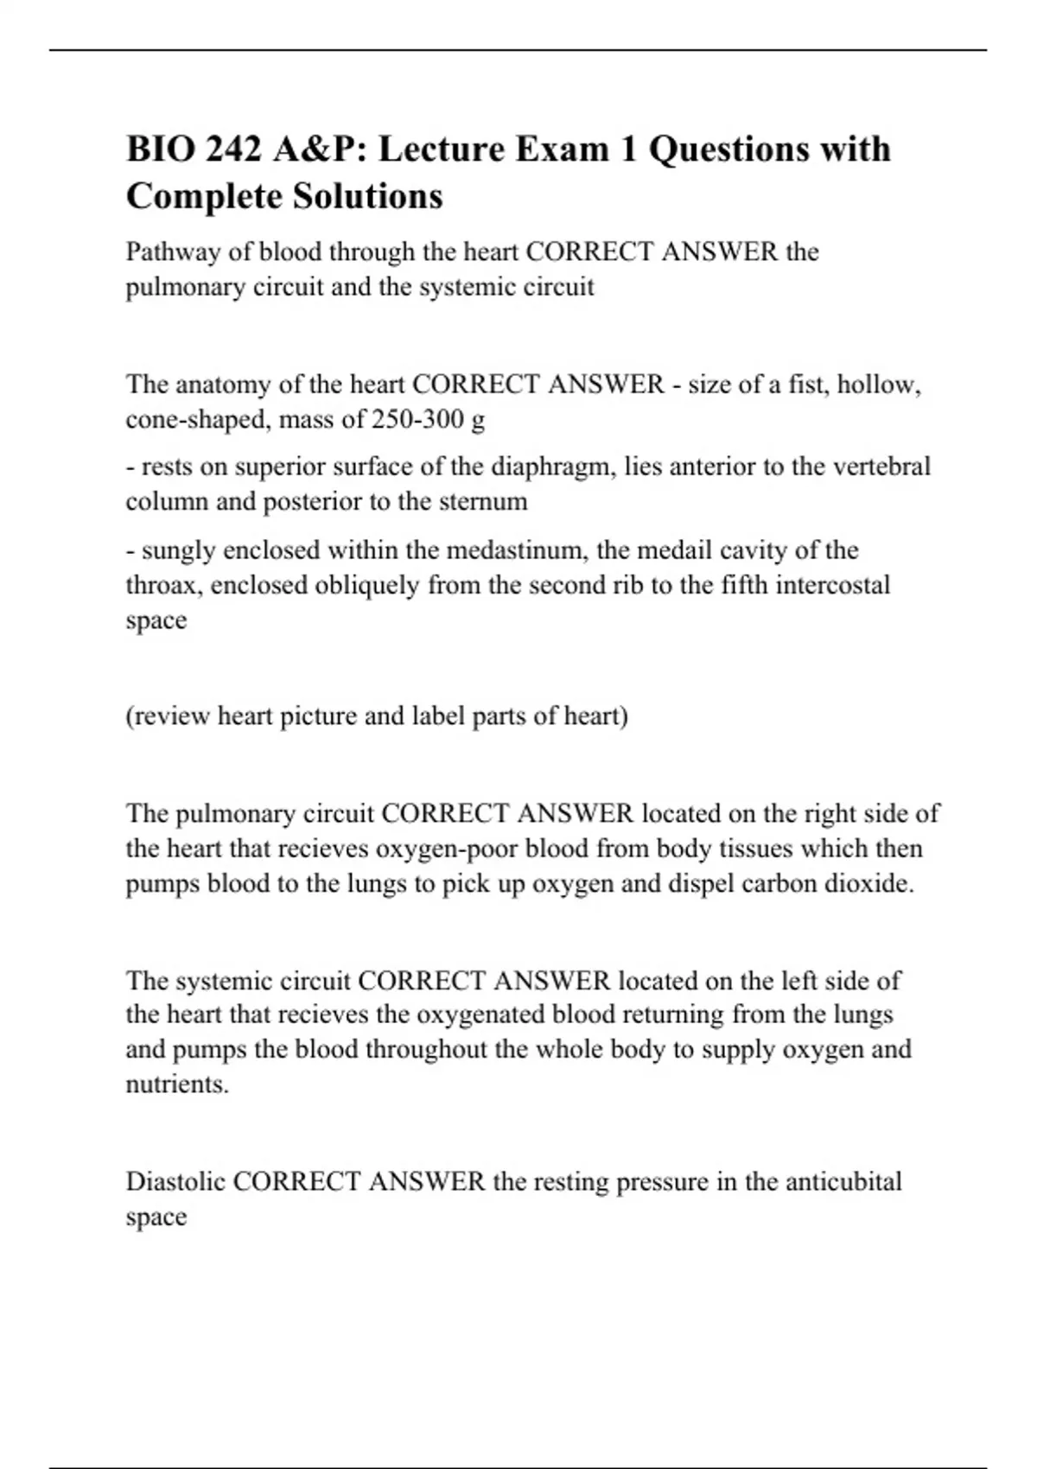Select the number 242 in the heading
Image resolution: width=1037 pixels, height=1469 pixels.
pyautogui.click(x=233, y=149)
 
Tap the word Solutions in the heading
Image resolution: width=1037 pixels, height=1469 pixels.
pyautogui.click(x=367, y=196)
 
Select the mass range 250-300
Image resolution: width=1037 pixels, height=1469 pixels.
pyautogui.click(x=417, y=420)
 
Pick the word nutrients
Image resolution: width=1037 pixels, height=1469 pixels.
pyautogui.click(x=177, y=1084)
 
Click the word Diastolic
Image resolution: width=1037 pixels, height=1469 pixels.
pyautogui.click(x=175, y=1182)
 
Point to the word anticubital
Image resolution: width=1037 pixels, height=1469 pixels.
pyautogui.click(x=843, y=1182)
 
